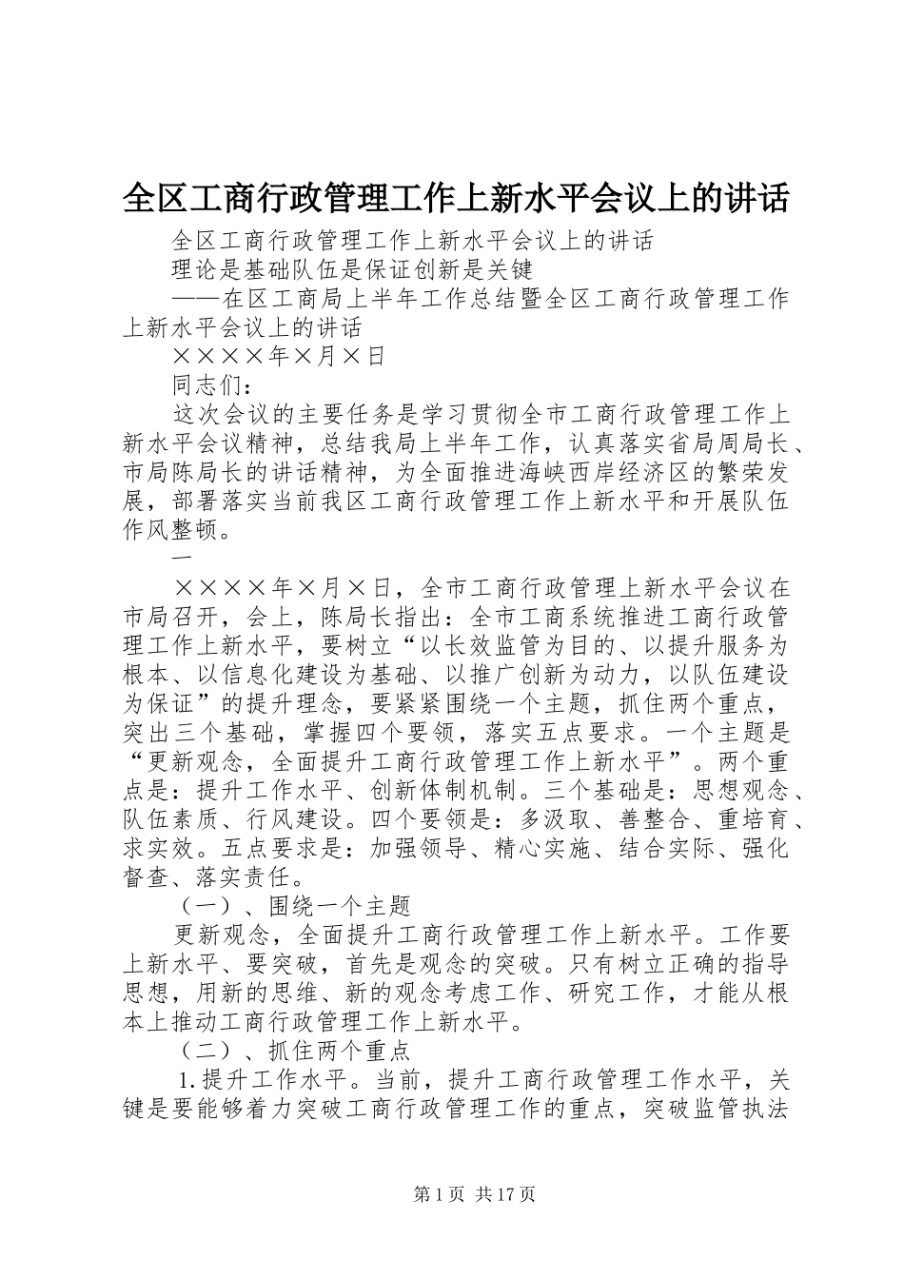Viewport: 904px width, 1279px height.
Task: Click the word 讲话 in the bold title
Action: [x=757, y=198]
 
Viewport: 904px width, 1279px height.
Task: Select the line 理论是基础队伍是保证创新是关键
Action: [x=350, y=270]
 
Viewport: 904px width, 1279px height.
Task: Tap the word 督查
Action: [x=147, y=876]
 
